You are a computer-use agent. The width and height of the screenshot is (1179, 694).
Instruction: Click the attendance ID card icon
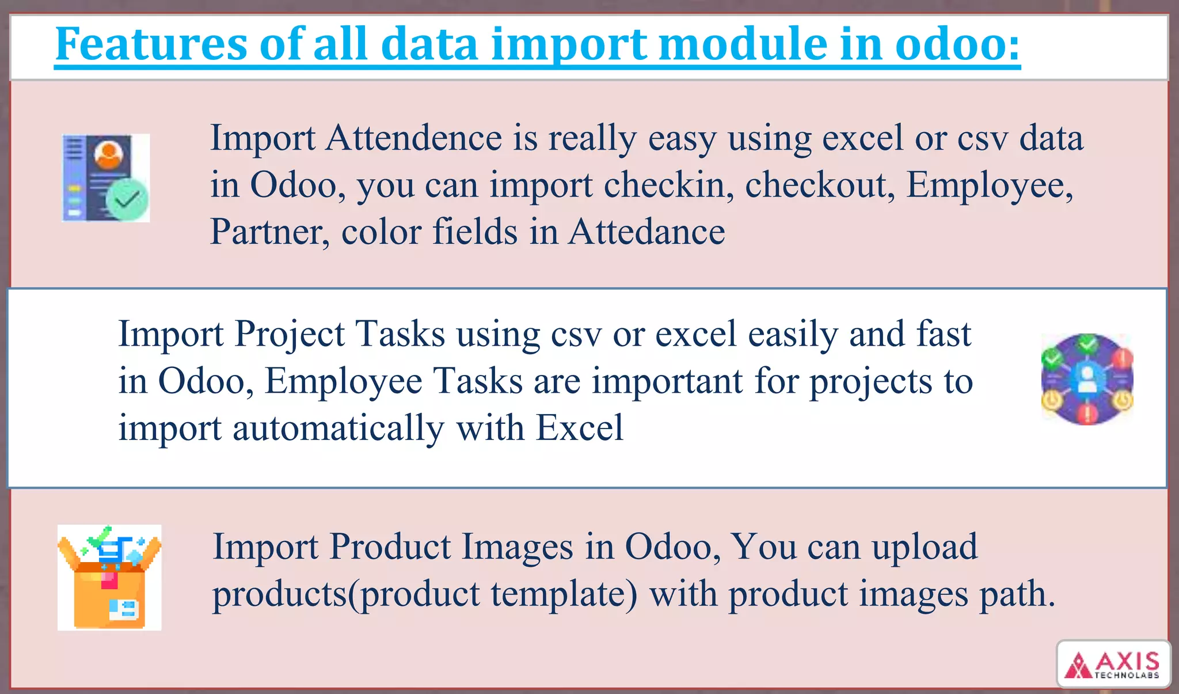(105, 177)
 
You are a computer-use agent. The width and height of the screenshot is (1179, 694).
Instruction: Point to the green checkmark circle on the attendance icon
(127, 200)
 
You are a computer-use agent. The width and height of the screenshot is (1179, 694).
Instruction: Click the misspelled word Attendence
(413, 138)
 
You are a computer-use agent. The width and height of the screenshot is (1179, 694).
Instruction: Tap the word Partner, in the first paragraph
(270, 232)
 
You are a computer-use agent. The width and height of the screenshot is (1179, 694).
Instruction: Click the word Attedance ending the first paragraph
(646, 232)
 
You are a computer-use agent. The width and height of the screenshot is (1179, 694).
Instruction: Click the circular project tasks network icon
(1087, 379)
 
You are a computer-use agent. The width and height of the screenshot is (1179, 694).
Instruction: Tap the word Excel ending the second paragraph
(579, 428)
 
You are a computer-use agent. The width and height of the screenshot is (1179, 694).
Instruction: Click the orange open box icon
(109, 577)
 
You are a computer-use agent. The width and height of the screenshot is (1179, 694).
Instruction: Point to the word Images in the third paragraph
(517, 547)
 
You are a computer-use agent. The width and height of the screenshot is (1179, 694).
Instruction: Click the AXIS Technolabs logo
(1113, 665)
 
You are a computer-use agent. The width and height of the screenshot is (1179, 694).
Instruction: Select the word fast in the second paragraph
(944, 334)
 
